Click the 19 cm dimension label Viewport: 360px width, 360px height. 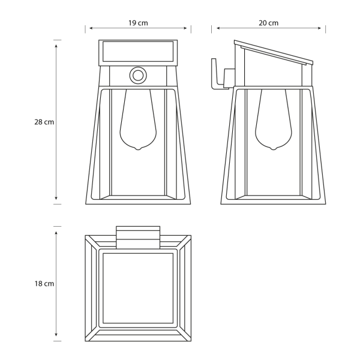click(x=138, y=23)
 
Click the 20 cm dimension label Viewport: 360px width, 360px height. click(x=268, y=23)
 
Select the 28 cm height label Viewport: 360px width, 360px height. click(x=44, y=122)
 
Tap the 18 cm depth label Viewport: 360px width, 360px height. click(x=44, y=284)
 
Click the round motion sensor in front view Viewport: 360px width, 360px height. click(x=138, y=76)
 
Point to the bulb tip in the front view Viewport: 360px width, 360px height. click(x=138, y=149)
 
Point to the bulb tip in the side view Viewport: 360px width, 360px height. click(x=273, y=149)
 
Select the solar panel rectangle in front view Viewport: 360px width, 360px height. click(x=138, y=52)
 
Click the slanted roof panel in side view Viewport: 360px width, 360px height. click(x=274, y=52)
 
